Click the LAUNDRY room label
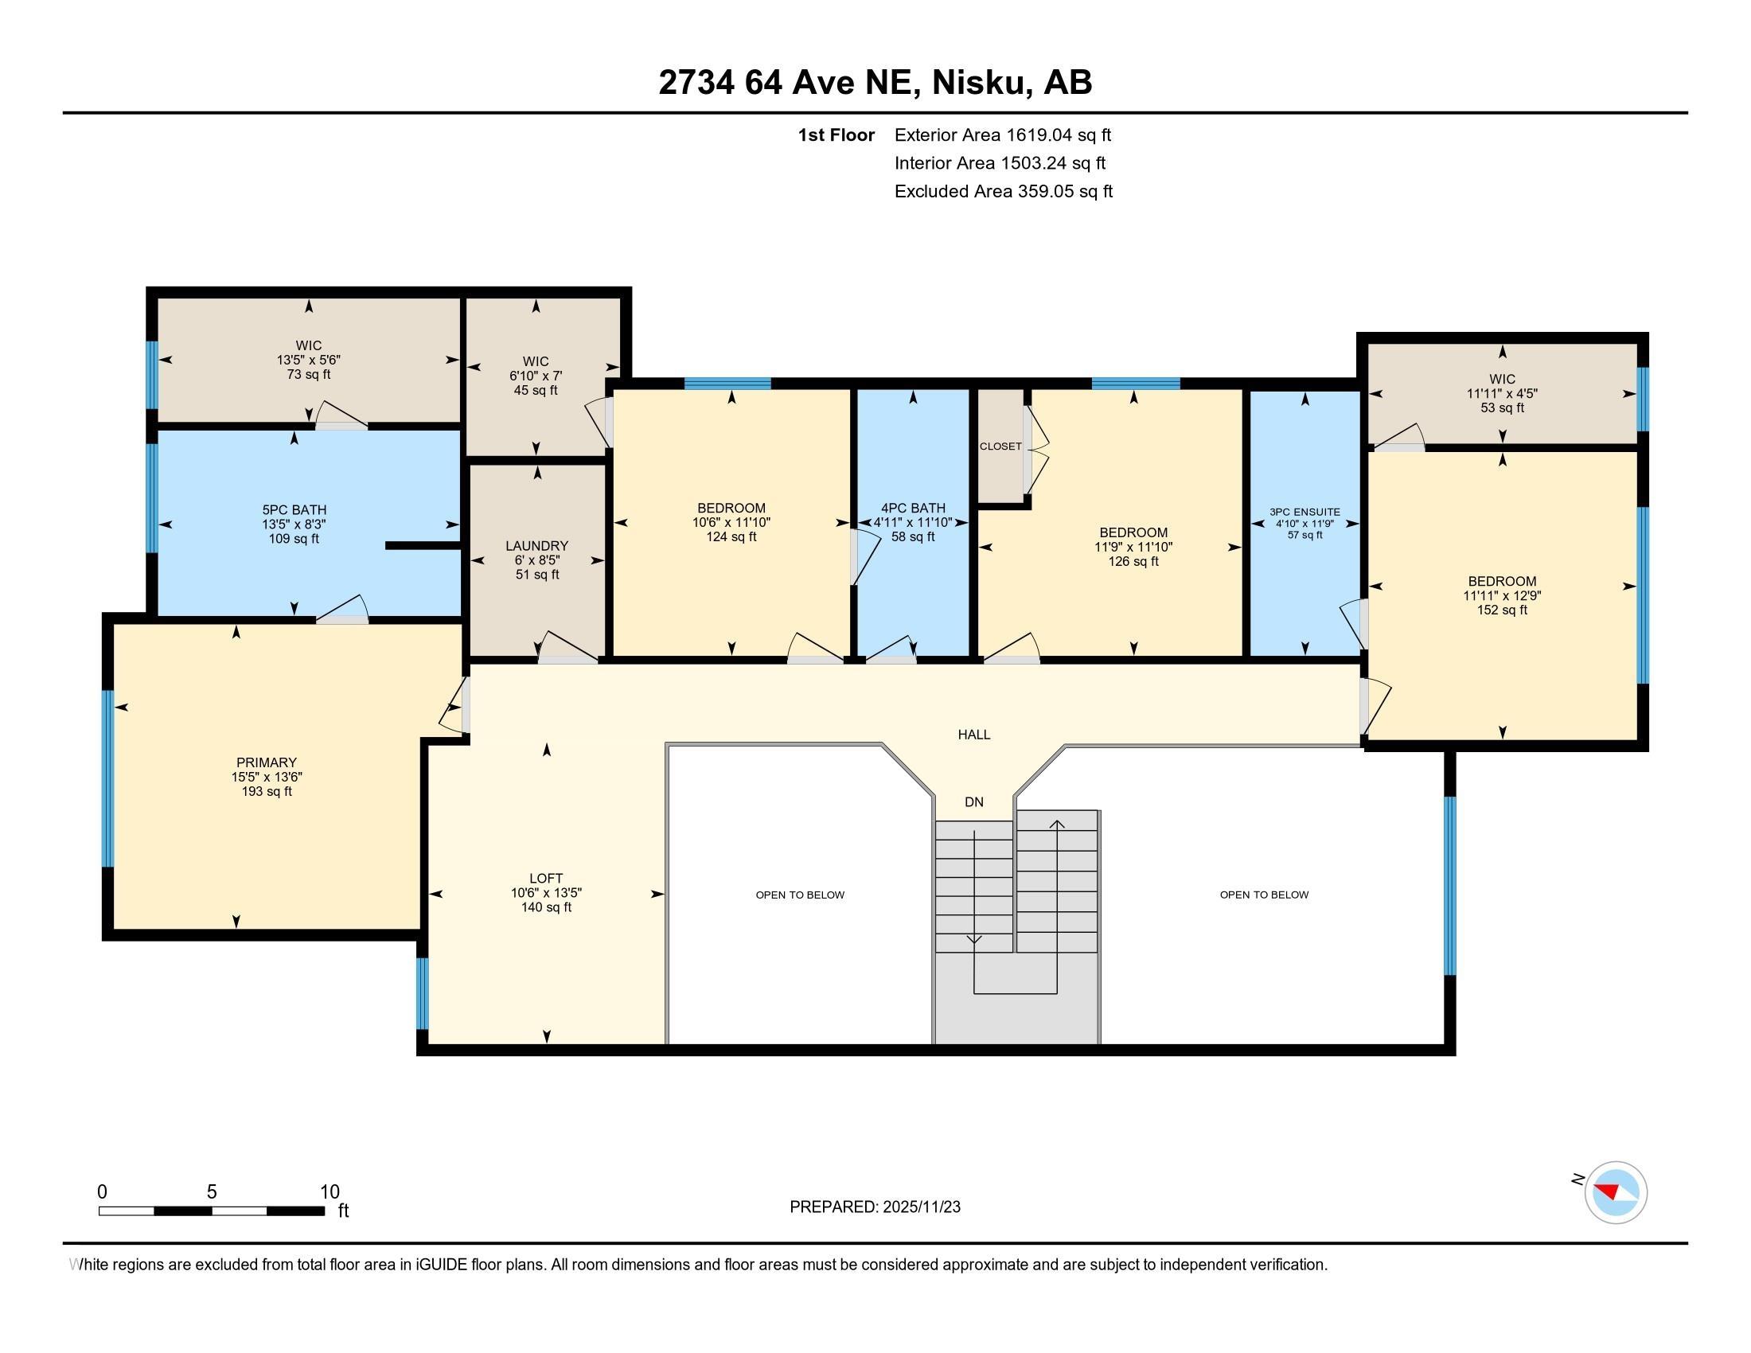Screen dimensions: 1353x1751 coord(536,546)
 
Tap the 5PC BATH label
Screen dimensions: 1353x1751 coord(294,510)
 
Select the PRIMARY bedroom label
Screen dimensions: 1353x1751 coord(266,762)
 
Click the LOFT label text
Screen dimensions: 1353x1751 coord(546,878)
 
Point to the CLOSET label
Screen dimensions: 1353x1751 coord(1000,446)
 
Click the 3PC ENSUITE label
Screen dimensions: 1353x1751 coord(1304,512)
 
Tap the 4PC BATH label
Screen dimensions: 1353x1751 coord(912,509)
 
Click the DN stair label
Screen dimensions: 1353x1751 coord(973,802)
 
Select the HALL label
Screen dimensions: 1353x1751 coord(973,735)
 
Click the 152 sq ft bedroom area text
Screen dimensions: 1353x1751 coord(1502,610)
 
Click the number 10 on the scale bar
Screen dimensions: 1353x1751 coord(330,1191)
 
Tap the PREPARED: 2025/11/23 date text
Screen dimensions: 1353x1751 coord(875,1207)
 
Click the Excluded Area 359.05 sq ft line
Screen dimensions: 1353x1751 coord(1003,192)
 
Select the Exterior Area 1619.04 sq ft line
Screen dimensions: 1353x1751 coord(1002,135)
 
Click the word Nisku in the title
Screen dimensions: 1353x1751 coord(981,83)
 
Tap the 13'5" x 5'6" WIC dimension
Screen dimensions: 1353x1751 coord(309,361)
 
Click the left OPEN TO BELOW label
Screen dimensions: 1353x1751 coord(799,895)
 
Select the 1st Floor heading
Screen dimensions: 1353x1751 coord(836,135)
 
